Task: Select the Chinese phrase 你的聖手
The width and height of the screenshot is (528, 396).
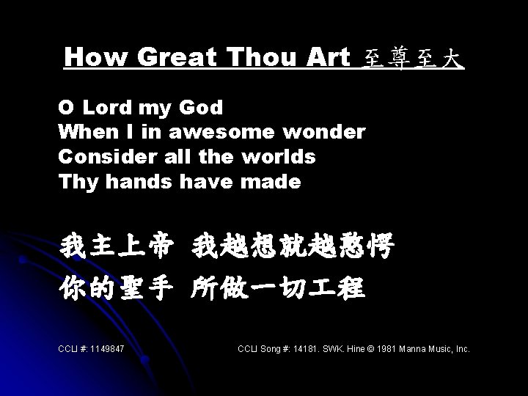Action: pos(117,288)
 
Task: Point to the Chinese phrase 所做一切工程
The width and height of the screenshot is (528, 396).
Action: pos(277,288)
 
